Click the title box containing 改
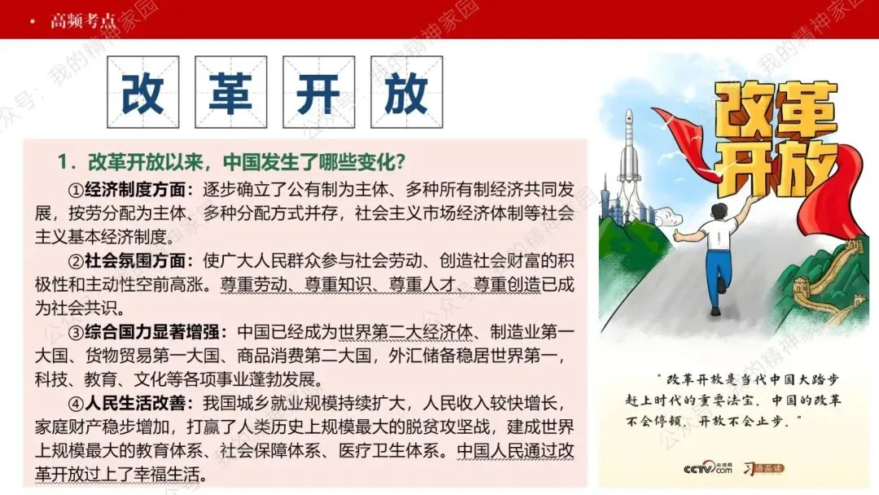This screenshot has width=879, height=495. tap(142, 93)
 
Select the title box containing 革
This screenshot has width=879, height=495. tap(230, 93)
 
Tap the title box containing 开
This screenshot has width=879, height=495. tap(318, 93)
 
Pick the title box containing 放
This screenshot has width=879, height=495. tap(406, 93)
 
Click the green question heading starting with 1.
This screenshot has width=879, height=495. tap(232, 161)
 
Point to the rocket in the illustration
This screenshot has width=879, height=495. tap(628, 151)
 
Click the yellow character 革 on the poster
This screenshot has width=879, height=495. tap(805, 113)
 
